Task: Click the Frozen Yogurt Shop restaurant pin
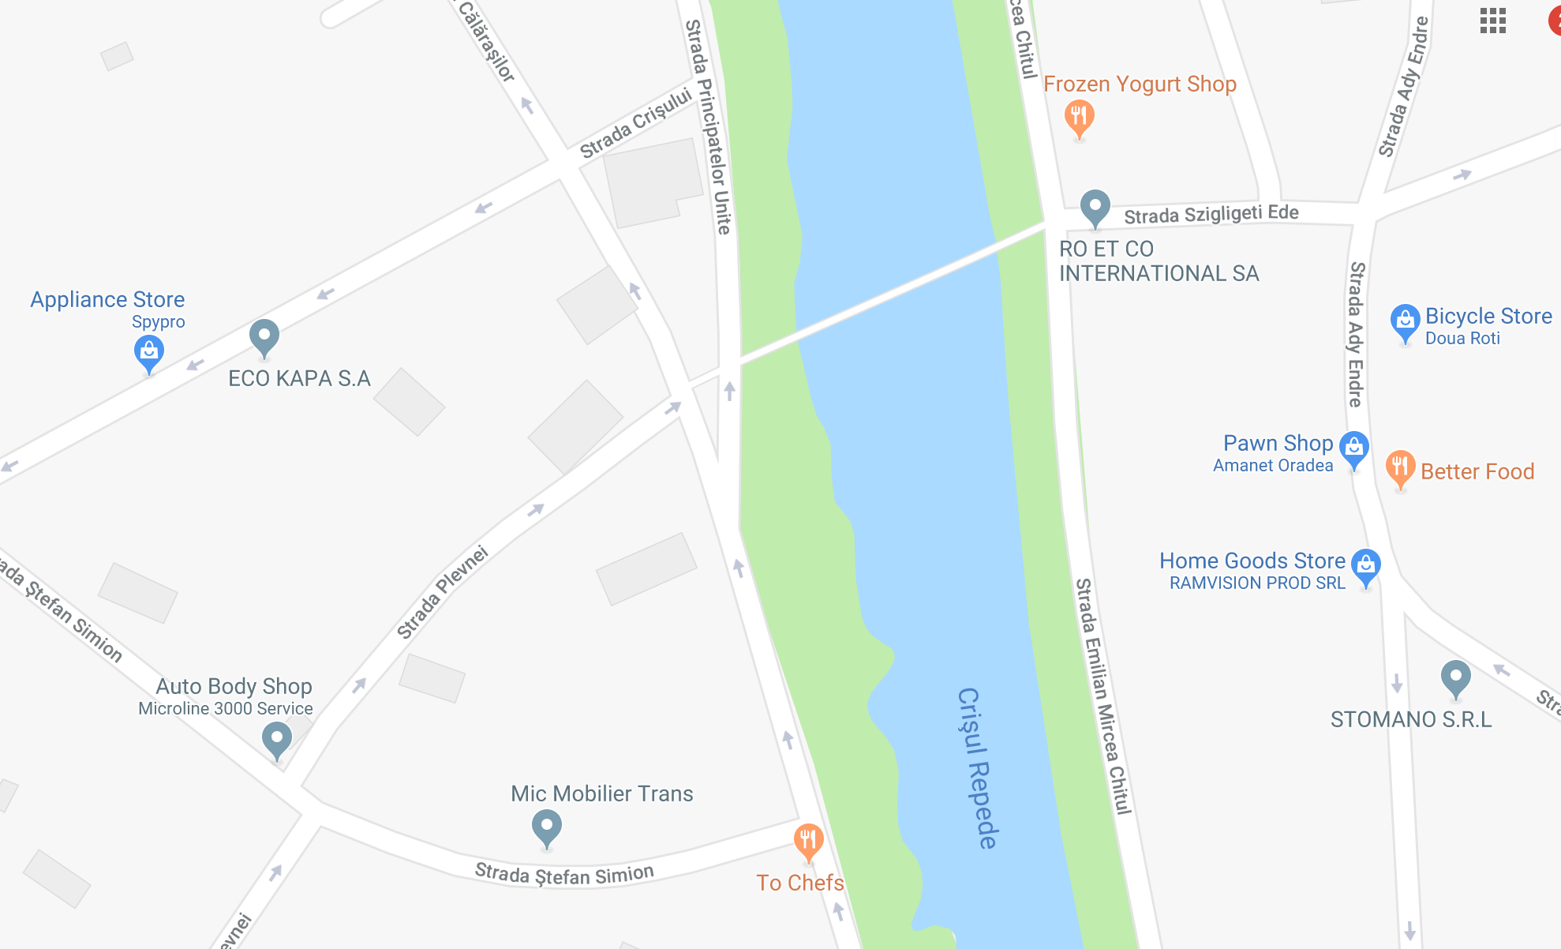(1079, 117)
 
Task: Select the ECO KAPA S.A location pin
(264, 336)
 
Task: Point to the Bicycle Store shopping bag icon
(1405, 321)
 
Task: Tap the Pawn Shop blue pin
(1354, 448)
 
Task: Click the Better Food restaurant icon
(1400, 467)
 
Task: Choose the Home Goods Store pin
(1366, 565)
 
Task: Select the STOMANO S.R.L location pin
(1455, 677)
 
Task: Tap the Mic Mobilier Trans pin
(546, 827)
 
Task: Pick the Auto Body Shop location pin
(276, 739)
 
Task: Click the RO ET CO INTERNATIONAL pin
(1095, 207)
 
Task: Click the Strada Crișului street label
(635, 125)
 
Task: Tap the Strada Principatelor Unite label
(708, 126)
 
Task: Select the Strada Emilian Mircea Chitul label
(1102, 695)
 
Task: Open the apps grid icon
(1492, 21)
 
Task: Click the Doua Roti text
(1462, 339)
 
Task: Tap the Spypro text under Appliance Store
(158, 322)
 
